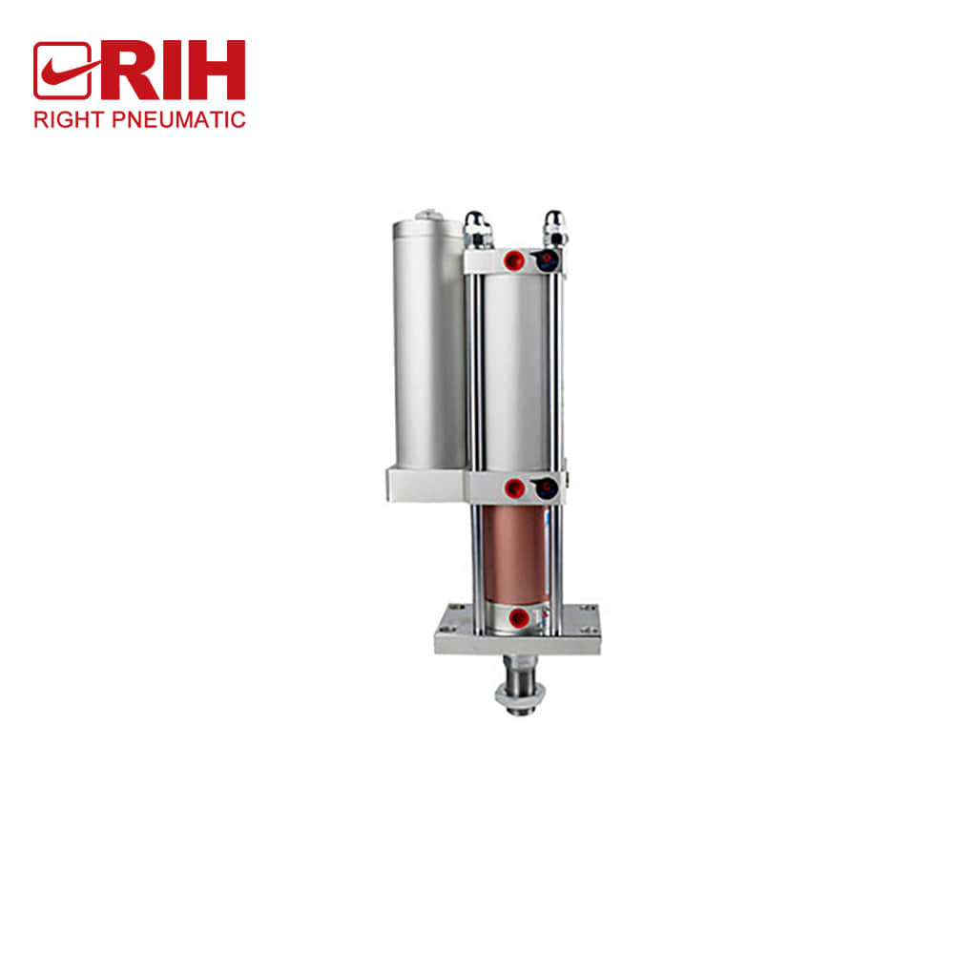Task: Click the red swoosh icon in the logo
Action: pos(62,71)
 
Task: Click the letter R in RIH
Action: pos(125,71)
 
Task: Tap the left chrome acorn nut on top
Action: pos(476,227)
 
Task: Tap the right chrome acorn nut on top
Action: pos(552,227)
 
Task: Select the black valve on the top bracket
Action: pos(547,259)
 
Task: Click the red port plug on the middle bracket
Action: pos(514,488)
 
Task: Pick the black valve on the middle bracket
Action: pos(545,488)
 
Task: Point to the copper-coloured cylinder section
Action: pos(515,553)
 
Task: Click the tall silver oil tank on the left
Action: pos(426,343)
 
